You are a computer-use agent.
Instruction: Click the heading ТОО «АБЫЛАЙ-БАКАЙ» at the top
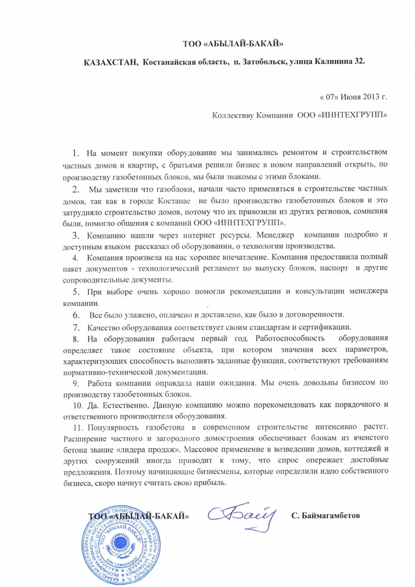[232, 44]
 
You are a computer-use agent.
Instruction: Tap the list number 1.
[76, 154]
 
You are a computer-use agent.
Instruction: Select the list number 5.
[76, 292]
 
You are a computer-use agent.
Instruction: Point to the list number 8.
[76, 339]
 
